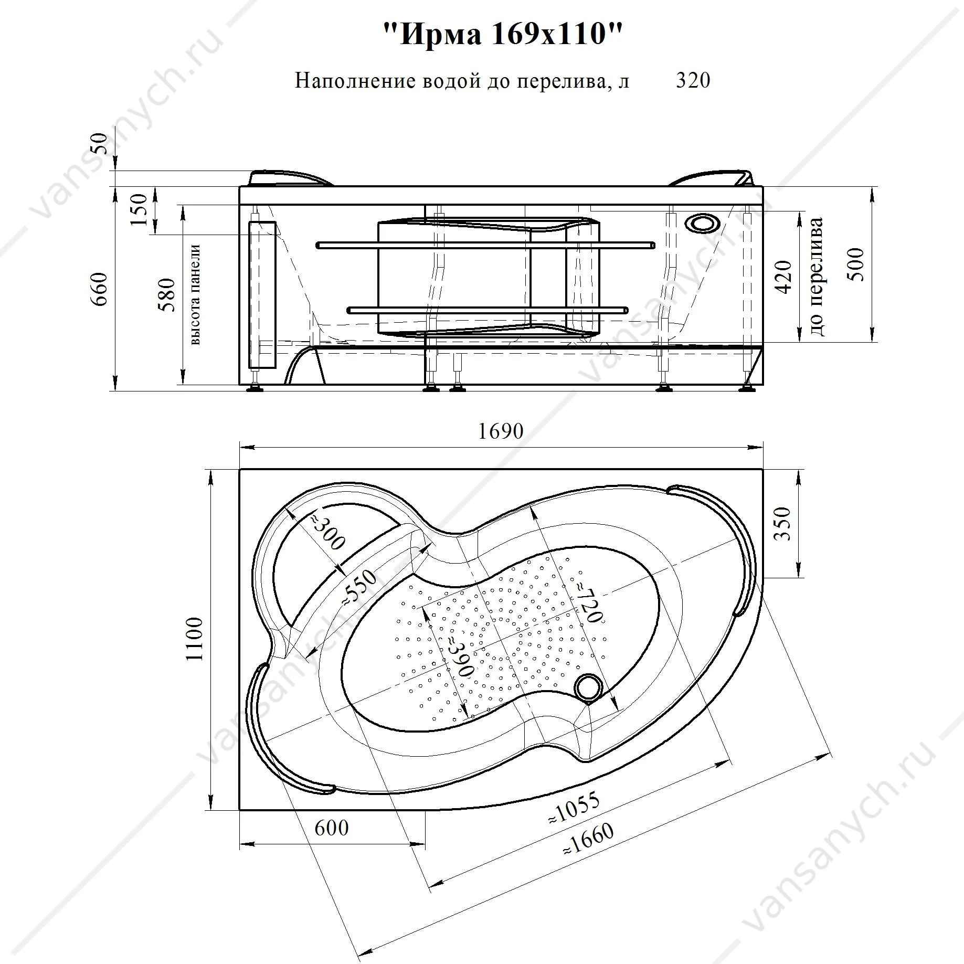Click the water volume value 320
pyautogui.click(x=693, y=80)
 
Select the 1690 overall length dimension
pyautogui.click(x=501, y=431)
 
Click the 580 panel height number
pyautogui.click(x=168, y=295)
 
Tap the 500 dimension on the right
pyautogui.click(x=856, y=264)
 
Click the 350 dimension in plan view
pyautogui.click(x=782, y=523)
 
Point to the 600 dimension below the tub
pyautogui.click(x=332, y=828)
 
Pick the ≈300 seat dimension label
pyautogui.click(x=326, y=532)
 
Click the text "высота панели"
pyautogui.click(x=195, y=295)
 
